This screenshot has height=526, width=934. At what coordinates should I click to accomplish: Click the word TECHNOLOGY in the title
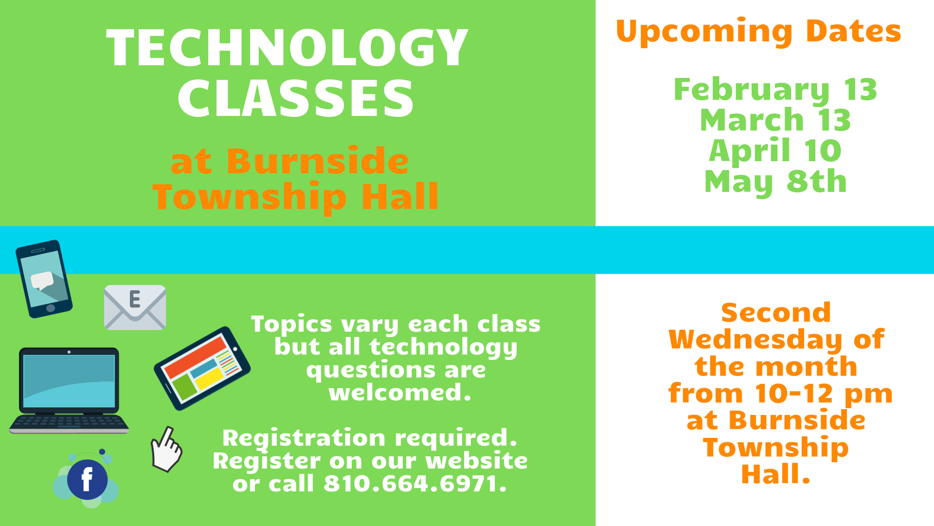[x=287, y=47]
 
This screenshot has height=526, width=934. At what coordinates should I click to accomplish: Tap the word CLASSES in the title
[x=296, y=99]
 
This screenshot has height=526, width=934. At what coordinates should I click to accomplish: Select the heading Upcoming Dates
[x=758, y=31]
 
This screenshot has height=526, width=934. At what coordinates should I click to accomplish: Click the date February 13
[x=775, y=90]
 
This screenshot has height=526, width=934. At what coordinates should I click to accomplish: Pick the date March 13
[x=775, y=120]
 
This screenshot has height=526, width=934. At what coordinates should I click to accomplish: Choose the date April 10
[x=775, y=151]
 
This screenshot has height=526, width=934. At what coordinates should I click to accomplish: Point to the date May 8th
[x=775, y=182]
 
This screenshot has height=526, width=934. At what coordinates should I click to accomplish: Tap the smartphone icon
[x=44, y=279]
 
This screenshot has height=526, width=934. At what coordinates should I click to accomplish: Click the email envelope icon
[x=135, y=307]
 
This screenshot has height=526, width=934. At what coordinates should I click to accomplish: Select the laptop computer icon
[x=69, y=390]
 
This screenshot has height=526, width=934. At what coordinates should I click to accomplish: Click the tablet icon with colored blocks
[x=202, y=368]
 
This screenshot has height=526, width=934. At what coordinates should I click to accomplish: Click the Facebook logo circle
[x=87, y=479]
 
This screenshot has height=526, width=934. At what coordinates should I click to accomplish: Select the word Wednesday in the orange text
[x=755, y=339]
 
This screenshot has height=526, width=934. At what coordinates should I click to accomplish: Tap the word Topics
[x=291, y=324]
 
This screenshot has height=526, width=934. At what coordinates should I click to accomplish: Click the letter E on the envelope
[x=135, y=299]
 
